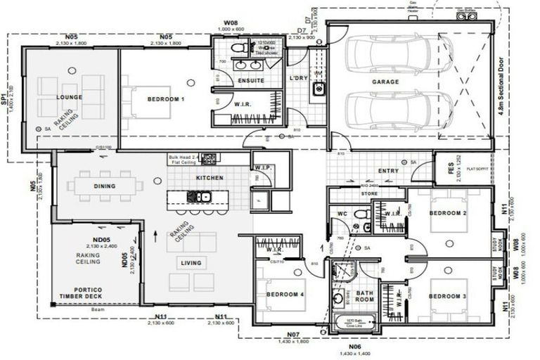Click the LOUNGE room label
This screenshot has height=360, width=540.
[70, 97]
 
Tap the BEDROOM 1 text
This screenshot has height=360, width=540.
[166, 100]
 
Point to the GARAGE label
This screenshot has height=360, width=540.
[385, 82]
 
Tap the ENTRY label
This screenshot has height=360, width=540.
[389, 170]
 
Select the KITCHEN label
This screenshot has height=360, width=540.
[210, 178]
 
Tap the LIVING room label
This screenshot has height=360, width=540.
[191, 263]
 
